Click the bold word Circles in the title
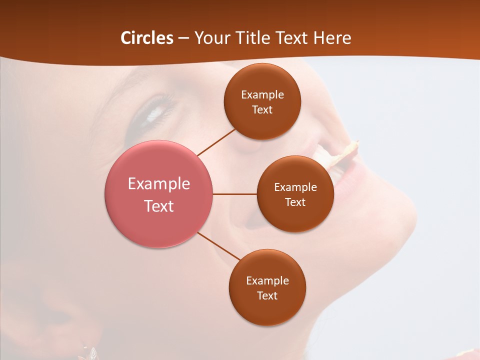[x=147, y=38]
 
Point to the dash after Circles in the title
[x=183, y=38]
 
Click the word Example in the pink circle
[x=159, y=184]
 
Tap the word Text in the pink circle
[x=159, y=206]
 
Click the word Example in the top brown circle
[x=262, y=95]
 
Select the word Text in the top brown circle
[x=262, y=110]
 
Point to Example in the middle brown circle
[x=295, y=187]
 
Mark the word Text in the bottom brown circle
[x=267, y=296]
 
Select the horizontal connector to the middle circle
[x=234, y=194]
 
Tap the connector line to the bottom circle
[x=219, y=246]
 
